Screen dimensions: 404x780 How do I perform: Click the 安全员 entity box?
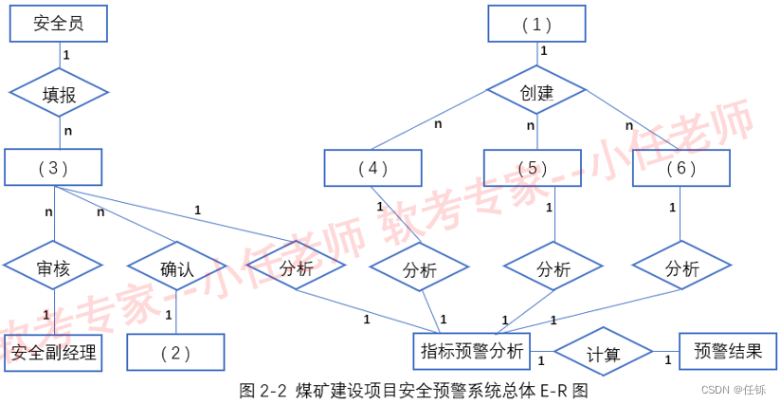coord(58,24)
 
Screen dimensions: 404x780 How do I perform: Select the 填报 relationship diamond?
coord(59,93)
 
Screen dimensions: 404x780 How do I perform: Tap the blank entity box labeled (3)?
coord(54,168)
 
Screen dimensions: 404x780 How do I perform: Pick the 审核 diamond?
coord(52,269)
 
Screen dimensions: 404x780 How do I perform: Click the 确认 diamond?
coord(176,269)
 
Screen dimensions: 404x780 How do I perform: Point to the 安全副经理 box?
coord(53,353)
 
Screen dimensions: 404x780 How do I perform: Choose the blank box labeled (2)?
coord(176,353)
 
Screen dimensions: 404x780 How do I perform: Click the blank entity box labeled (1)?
coord(536,24)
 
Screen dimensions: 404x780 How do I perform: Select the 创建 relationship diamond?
coord(536,93)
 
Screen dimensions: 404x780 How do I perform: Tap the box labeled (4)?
coord(372,168)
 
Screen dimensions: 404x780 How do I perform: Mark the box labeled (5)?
coord(533,168)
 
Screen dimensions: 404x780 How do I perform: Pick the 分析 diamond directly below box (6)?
coord(681,268)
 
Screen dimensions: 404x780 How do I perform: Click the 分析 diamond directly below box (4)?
coord(419,270)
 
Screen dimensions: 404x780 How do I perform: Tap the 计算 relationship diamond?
coord(603,355)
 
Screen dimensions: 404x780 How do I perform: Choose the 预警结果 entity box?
coord(728,351)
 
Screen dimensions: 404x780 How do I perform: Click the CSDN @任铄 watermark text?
coord(734,390)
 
